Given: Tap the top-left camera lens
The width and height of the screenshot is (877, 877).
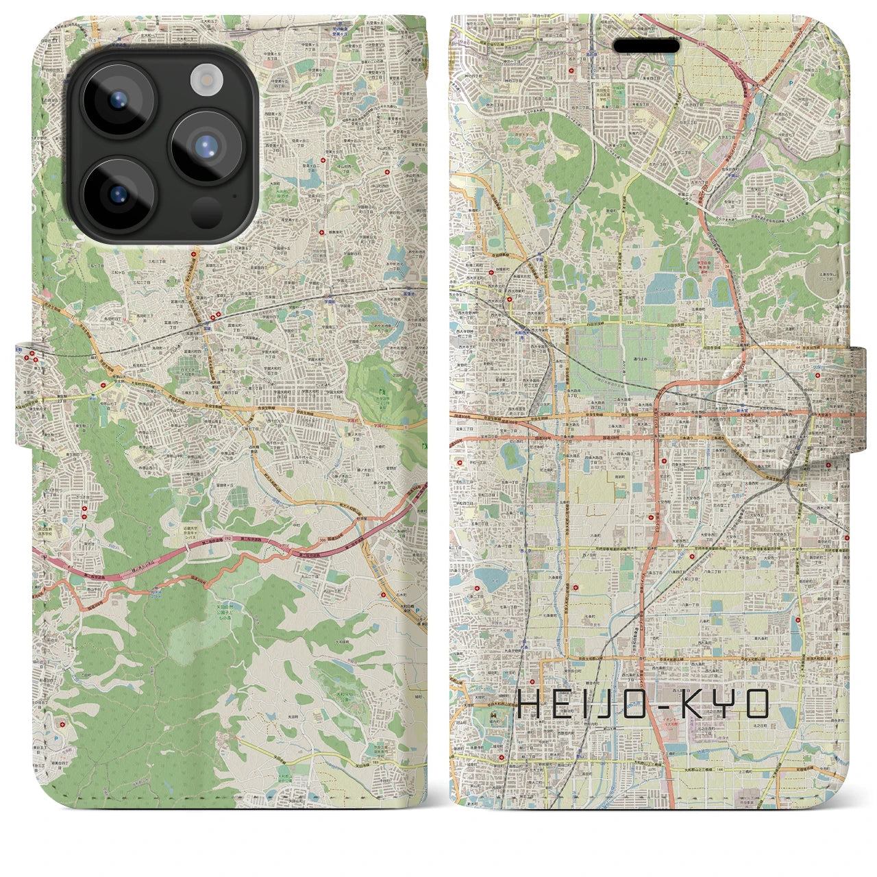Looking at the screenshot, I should [x=117, y=101].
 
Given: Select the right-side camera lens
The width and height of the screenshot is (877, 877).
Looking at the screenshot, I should [x=203, y=146].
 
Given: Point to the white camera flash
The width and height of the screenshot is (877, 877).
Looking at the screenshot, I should [x=204, y=81].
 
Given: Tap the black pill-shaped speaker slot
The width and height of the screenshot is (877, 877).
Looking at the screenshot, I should [x=646, y=46].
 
